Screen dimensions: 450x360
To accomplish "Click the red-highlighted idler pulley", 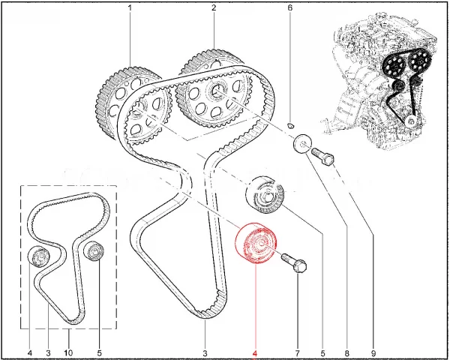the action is (256, 243).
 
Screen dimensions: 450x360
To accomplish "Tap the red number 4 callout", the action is (255, 352).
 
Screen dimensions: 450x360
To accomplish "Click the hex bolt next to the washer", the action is (322, 156).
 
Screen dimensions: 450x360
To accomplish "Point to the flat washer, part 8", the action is (302, 143).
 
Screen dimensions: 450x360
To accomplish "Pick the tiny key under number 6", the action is (291, 125).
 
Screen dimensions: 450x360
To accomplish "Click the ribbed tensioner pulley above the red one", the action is (265, 195).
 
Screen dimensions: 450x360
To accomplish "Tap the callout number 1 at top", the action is (130, 7).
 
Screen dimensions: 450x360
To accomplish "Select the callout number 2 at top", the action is (214, 7).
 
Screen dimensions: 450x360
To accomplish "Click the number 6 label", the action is (289, 7).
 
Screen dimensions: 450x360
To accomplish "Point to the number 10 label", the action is (68, 352).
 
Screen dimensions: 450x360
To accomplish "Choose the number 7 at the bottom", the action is (298, 352).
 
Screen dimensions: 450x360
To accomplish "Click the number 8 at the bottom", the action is (347, 352).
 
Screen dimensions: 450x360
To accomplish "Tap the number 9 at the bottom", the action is (373, 352).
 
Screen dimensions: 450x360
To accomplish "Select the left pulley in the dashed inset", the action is (39, 256).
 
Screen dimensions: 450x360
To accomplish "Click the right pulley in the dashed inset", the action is (94, 252).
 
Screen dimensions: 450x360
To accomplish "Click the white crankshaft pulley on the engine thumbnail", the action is (411, 121).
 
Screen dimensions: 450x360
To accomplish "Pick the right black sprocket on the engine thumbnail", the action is (419, 60).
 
